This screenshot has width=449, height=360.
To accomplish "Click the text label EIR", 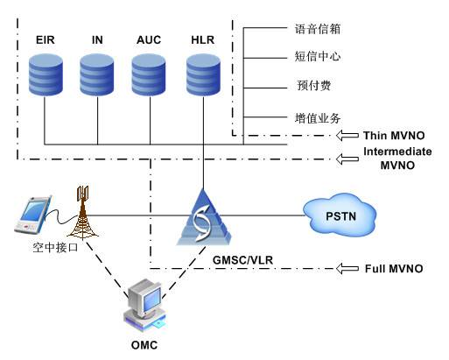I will pyautogui.click(x=45, y=40).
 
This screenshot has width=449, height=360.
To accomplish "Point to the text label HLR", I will pyautogui.click(x=201, y=40).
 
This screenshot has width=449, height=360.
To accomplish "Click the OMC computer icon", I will pyautogui.click(x=145, y=303).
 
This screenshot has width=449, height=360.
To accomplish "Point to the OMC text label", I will pyautogui.click(x=144, y=344).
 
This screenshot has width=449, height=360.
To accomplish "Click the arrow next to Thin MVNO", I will pyautogui.click(x=348, y=136).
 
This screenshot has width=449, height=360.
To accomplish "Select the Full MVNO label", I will pyautogui.click(x=394, y=267).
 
